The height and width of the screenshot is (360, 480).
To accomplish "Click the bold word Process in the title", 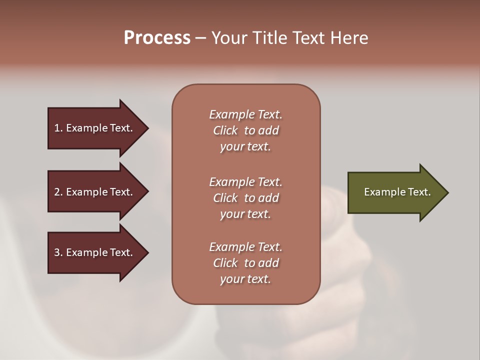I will [157, 38].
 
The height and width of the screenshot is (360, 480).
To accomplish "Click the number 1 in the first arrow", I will [57, 128].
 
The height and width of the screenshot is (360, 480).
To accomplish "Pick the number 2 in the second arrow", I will [57, 192].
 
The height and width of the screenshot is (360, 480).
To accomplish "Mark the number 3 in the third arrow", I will [57, 252].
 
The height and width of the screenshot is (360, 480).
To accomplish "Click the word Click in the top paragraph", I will [225, 130].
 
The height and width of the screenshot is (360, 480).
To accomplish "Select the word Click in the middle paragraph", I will [225, 198].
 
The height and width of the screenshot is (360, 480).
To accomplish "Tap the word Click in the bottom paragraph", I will [225, 263].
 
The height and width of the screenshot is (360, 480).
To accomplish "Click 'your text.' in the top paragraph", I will [245, 146].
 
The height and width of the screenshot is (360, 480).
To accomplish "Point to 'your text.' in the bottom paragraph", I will [245, 279].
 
